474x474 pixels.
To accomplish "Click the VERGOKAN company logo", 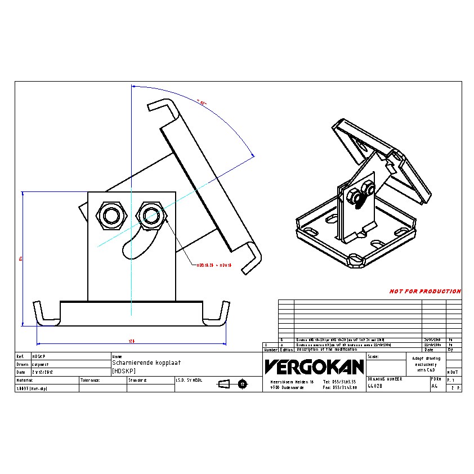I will coord(314,367).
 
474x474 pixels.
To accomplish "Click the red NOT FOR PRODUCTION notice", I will coord(425,292).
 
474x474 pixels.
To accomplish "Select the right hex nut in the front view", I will coord(150,214).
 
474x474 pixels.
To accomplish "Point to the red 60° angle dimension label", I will coord(202,102).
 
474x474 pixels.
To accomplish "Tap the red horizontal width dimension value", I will coord(132,341).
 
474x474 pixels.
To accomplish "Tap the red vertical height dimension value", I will coord(20,258).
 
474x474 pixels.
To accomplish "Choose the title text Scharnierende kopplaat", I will coord(139,364).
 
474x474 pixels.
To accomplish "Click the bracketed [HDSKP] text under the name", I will coord(124,371).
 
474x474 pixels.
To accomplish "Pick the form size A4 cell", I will coord(434,386).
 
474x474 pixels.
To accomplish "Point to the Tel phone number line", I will coord(340,382).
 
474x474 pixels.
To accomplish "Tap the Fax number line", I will coord(340,387).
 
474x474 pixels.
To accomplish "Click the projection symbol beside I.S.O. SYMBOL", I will coord(233,384).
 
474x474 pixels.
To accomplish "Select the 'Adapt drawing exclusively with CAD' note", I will coord(426,364).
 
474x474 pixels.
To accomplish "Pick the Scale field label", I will coord(373,357).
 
